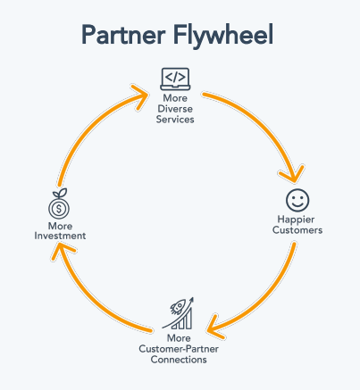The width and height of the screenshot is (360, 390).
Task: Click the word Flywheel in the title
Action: [223, 35]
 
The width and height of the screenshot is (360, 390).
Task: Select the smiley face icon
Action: [297, 198]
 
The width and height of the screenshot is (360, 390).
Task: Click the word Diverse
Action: [175, 110]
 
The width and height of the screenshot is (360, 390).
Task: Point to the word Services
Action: [175, 120]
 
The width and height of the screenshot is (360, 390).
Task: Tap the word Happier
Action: [297, 220]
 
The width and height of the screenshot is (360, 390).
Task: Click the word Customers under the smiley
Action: [297, 230]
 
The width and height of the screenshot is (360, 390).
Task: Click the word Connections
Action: [180, 360]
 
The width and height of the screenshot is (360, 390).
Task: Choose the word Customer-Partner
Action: [180, 349]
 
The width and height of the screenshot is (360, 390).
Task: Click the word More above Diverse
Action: [175, 99]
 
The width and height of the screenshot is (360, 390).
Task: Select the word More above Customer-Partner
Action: [180, 338]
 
